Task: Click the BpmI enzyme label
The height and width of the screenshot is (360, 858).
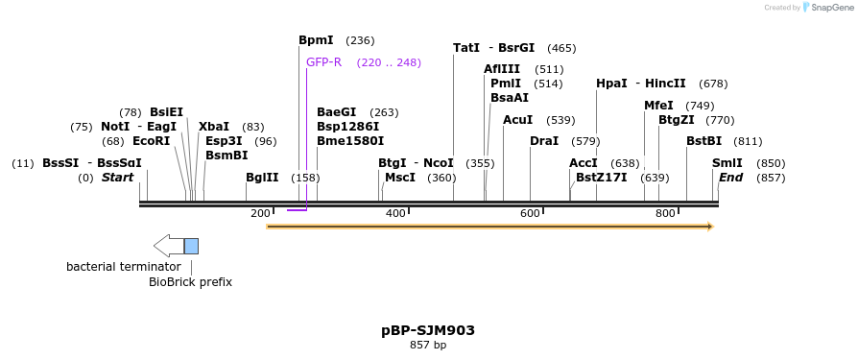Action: coord(316,40)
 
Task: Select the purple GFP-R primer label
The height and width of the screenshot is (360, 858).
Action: coord(323,62)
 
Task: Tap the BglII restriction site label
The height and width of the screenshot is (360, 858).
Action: coord(262,178)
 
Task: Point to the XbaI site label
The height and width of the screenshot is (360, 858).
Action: coord(214,127)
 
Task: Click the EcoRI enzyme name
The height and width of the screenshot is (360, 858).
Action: coord(151,141)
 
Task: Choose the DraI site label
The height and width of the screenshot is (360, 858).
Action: coord(544,141)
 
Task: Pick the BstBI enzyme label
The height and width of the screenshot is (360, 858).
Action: coord(703,141)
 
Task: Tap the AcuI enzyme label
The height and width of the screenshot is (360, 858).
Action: coord(518,120)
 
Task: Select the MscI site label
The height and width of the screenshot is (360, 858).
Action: coord(400,178)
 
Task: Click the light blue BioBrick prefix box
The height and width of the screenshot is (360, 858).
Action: coord(191,246)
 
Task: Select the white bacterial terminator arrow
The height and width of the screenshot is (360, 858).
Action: coord(168,246)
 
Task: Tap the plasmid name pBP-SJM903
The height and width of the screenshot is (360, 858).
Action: coord(428,330)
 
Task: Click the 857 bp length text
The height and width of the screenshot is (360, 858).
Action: coord(428,345)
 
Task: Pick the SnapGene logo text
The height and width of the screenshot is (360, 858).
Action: coord(831,8)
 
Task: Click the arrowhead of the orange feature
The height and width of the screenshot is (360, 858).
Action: coord(710,227)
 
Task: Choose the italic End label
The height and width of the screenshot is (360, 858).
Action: coord(731,178)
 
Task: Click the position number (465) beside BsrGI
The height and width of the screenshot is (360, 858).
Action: coord(561,48)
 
